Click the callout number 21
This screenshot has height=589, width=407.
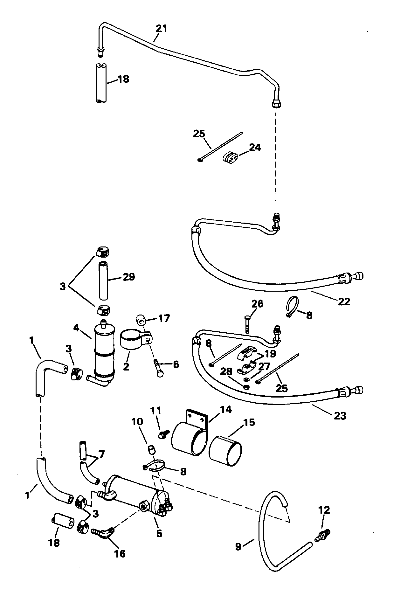[161, 29]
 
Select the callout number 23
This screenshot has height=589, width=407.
[340, 415]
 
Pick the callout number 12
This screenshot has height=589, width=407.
[324, 510]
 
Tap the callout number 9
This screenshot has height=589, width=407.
[238, 547]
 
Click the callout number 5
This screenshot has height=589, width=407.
[159, 533]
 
